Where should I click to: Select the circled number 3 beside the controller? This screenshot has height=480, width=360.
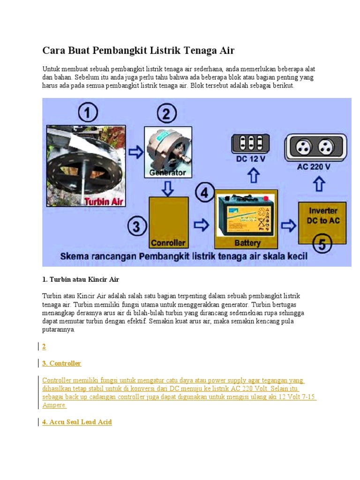[x=136, y=227]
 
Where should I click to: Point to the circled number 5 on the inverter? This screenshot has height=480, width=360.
[x=322, y=243]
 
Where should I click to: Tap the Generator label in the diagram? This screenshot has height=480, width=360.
[x=167, y=172]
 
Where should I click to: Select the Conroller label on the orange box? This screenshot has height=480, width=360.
[x=168, y=243]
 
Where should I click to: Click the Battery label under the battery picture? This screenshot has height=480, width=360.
[x=247, y=243]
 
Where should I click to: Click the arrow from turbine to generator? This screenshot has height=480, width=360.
[x=136, y=151]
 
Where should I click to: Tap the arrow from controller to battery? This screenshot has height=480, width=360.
[x=202, y=225]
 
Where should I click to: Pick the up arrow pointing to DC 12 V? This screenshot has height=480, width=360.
[x=253, y=176]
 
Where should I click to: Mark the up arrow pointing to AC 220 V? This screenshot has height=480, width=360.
[x=319, y=183]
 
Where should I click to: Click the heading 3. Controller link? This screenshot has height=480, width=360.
[x=61, y=363]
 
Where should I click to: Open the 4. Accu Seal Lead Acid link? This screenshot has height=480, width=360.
[x=77, y=422]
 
